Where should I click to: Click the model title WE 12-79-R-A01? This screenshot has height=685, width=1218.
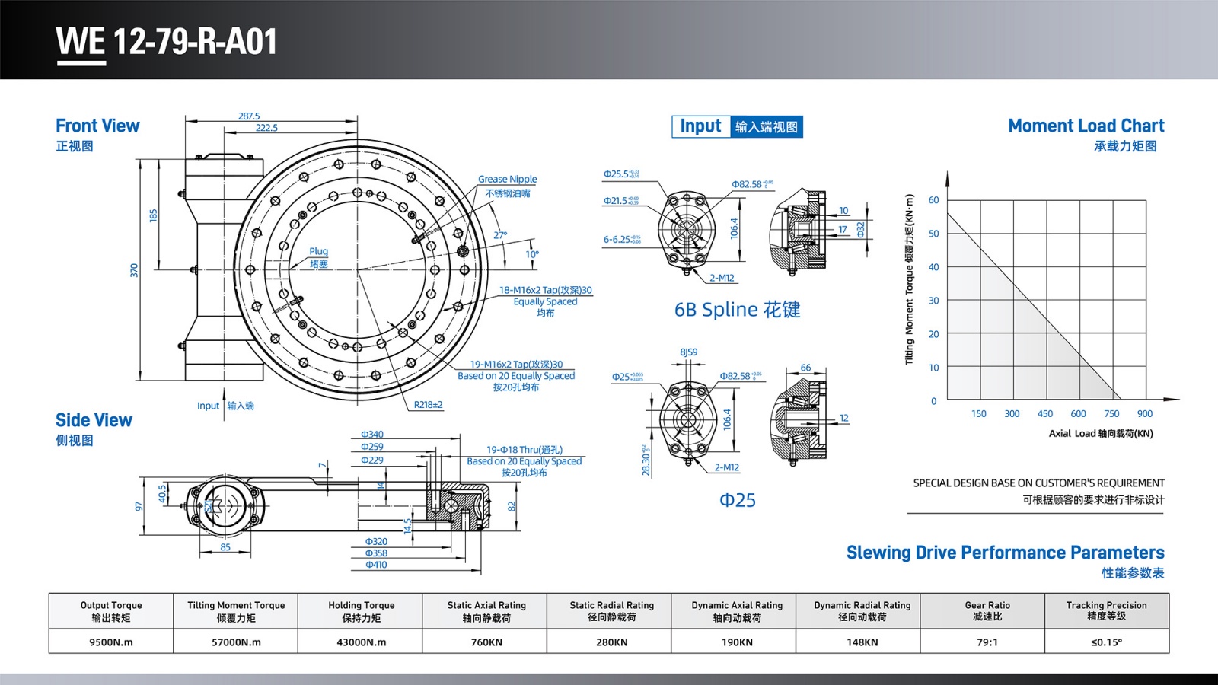tap(167, 42)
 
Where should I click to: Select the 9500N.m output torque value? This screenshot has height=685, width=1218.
tap(111, 642)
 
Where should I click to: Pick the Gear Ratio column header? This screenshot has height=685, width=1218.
tap(987, 610)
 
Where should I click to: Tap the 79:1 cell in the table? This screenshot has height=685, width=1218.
tap(987, 642)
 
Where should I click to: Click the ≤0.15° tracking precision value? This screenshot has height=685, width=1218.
tap(1106, 642)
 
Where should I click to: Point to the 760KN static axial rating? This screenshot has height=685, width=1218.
tap(486, 642)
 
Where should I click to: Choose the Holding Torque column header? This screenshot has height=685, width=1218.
tap(362, 610)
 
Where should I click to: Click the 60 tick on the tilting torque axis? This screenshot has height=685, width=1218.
tap(933, 200)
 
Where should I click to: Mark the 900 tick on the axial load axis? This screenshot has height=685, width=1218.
tap(1145, 414)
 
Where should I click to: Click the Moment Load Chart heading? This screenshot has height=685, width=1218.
tap(1086, 126)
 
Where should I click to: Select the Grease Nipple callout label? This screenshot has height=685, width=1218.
tap(507, 180)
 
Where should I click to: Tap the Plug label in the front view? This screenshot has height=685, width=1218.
tap(318, 252)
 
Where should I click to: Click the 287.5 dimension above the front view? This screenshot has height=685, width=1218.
tap(249, 116)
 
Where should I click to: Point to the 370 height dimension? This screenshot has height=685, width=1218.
tap(134, 270)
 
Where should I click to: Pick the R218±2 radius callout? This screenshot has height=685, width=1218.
tap(428, 405)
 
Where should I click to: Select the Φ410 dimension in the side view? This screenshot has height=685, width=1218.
tap(376, 565)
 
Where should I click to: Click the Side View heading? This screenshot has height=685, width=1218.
tap(94, 420)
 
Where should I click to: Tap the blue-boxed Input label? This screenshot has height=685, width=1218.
tap(700, 126)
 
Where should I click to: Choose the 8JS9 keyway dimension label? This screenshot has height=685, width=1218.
tap(688, 352)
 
